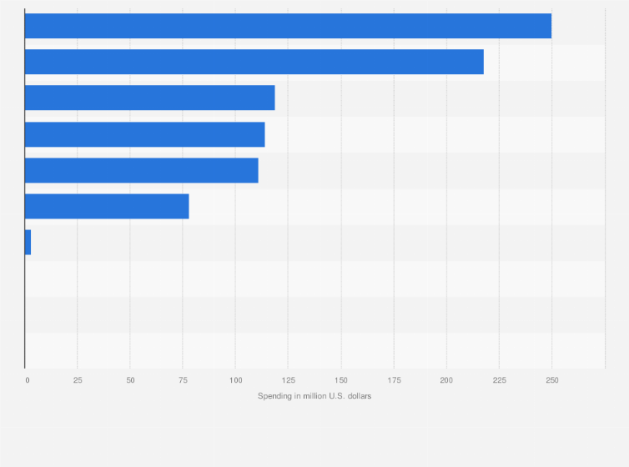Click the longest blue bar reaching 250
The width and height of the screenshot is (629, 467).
(288, 26)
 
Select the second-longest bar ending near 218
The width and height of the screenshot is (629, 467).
(254, 62)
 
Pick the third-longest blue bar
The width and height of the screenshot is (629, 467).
(149, 98)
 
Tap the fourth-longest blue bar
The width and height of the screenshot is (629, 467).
(144, 134)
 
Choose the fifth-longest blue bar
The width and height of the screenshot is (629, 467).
(141, 170)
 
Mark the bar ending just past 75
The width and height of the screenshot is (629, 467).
(107, 206)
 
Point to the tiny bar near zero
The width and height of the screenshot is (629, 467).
(28, 242)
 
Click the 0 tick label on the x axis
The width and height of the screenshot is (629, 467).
(27, 380)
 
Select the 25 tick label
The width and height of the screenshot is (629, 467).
(78, 380)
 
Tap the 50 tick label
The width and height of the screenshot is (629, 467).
(130, 380)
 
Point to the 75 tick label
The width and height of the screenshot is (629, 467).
(183, 380)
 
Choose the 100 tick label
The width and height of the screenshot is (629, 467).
(235, 380)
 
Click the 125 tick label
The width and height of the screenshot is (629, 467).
(288, 380)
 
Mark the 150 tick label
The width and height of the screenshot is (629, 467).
(340, 380)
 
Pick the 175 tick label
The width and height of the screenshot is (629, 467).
(394, 380)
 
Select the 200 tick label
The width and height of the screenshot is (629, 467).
(446, 380)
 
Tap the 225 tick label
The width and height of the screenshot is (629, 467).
(499, 380)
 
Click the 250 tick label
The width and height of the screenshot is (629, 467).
(551, 380)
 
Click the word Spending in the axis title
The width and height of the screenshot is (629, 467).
(274, 396)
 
